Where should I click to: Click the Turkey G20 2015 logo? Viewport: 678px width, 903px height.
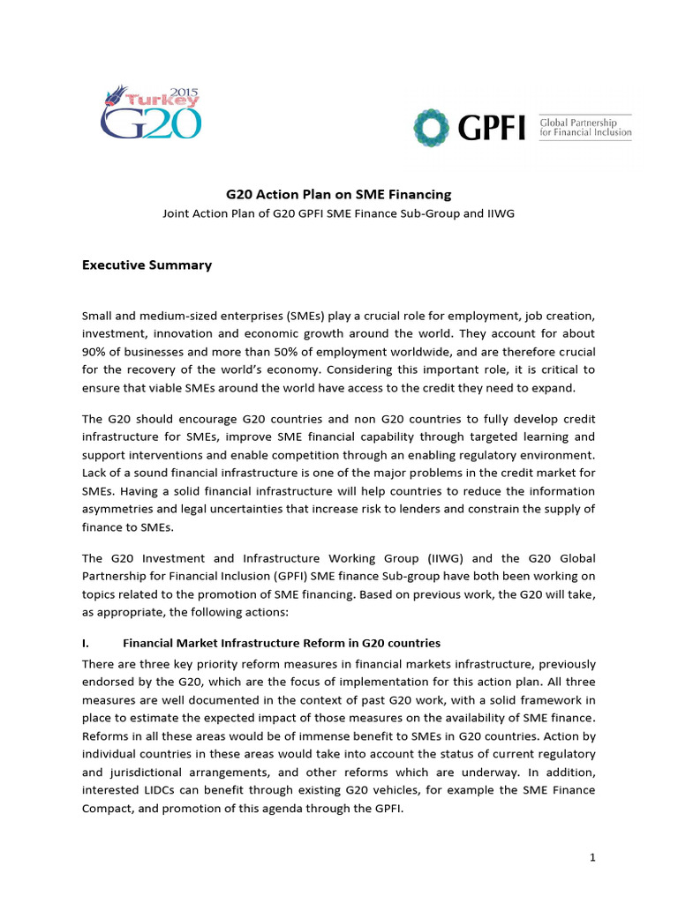(150, 113)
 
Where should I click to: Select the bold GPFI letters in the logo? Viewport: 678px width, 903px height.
(492, 130)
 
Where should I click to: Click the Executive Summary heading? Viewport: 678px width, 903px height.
(147, 264)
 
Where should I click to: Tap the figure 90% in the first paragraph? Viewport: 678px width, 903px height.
(95, 351)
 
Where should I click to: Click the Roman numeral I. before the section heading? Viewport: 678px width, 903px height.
(86, 643)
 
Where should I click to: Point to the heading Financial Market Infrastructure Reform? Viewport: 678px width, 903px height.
(281, 643)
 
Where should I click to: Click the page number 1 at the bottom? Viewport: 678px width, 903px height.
(591, 856)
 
